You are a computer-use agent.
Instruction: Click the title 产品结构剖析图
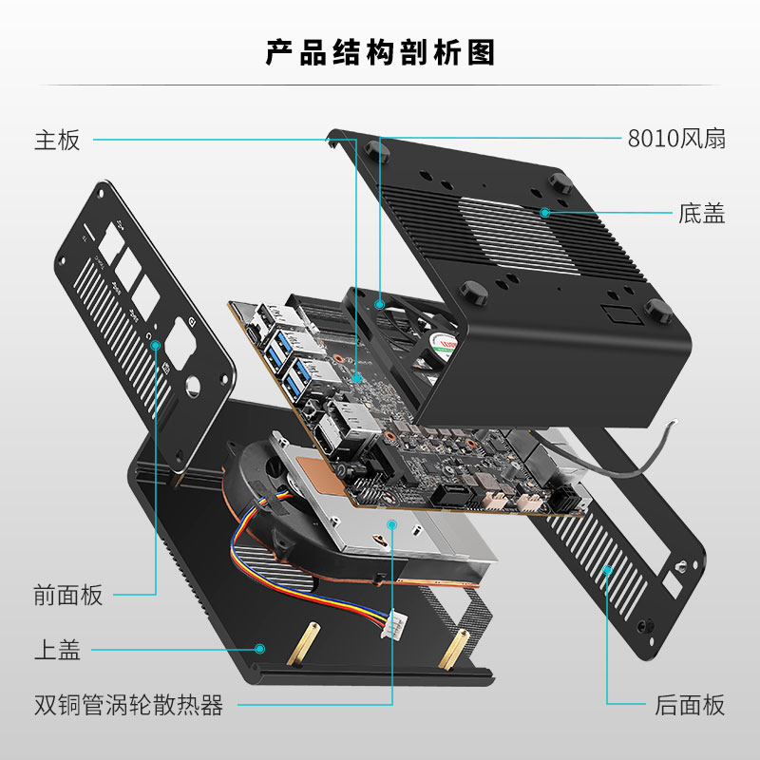(381, 52)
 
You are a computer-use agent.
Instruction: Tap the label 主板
(57, 140)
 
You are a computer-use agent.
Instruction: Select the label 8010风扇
(676, 139)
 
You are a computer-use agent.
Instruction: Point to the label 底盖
(701, 213)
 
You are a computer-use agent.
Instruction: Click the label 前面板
(68, 595)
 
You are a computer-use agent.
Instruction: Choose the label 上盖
(57, 650)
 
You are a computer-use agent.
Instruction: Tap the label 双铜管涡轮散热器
(128, 705)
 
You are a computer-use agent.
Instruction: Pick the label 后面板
(690, 705)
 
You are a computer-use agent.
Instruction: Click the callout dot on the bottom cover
(544, 212)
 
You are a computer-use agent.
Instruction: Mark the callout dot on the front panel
(156, 345)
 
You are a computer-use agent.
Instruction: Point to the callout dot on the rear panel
(607, 570)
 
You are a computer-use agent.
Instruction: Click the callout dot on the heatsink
(392, 524)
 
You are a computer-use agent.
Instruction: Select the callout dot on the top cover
(259, 649)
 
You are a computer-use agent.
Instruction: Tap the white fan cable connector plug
(393, 624)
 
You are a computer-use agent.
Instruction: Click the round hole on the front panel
(193, 386)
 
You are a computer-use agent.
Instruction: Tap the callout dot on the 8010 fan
(380, 304)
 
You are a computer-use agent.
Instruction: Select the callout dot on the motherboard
(357, 378)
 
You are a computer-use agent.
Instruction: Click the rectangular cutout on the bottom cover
(621, 314)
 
